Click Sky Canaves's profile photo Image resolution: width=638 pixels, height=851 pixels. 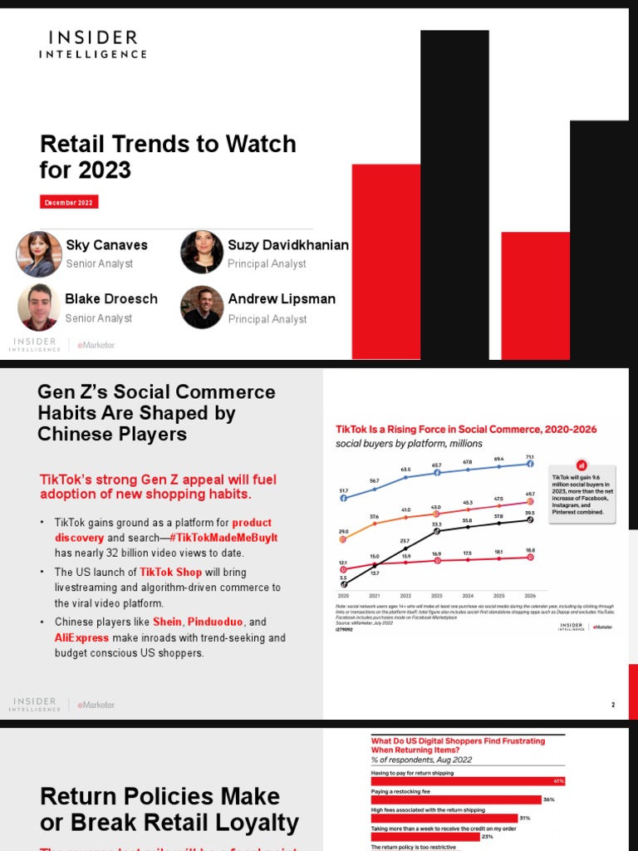(38, 253)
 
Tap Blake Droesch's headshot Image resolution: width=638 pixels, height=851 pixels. (38, 307)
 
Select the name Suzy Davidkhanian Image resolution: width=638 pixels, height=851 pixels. (288, 245)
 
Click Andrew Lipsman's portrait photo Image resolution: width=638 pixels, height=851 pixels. (202, 307)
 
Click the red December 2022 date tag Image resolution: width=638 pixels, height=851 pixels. (69, 203)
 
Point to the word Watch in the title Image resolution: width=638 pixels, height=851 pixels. (260, 144)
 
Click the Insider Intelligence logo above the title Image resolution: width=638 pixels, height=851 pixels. (92, 44)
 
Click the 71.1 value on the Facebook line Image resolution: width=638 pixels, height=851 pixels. (529, 456)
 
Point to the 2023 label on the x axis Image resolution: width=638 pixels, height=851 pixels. (437, 596)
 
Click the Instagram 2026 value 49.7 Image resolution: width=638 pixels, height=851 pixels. (529, 494)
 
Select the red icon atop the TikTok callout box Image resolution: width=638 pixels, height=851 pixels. (582, 465)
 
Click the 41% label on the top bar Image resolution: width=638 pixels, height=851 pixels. (559, 781)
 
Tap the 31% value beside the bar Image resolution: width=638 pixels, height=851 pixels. (523, 819)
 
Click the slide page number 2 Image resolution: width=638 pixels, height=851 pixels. (613, 705)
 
